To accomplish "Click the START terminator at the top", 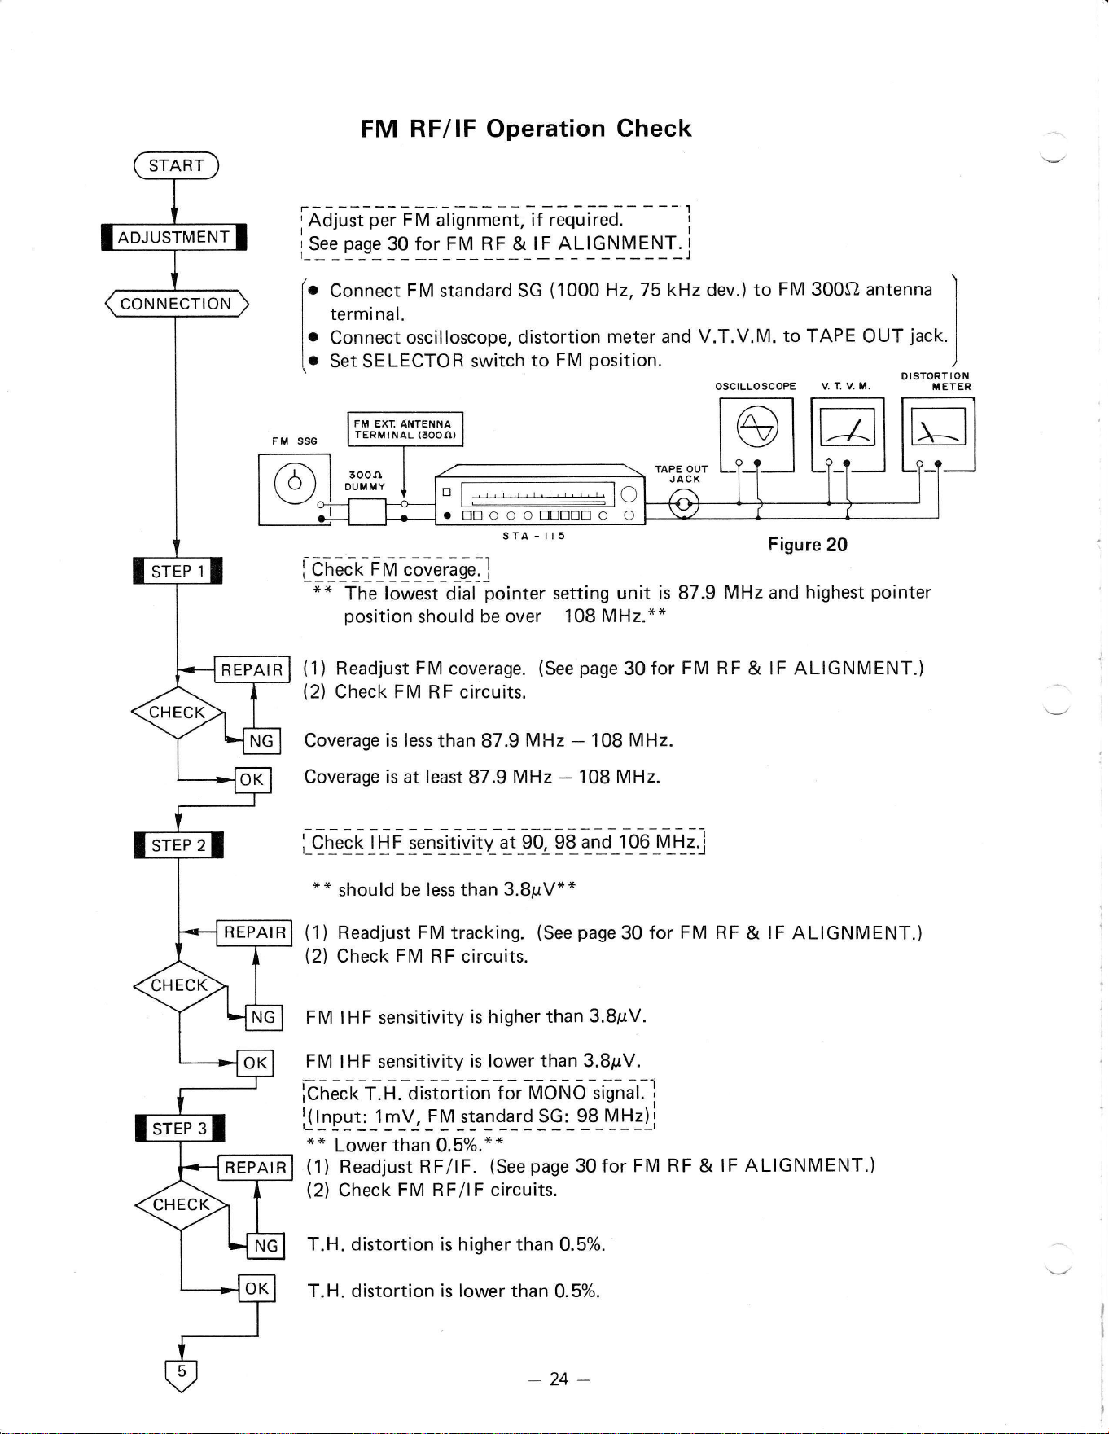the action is point(176,165).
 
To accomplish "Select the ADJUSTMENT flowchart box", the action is point(173,237).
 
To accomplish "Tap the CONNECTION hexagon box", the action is point(176,304).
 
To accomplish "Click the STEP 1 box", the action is point(178,571).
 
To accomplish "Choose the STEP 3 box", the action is point(180,1128).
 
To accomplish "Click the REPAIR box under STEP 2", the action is point(255,932).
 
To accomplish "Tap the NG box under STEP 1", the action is point(261,741).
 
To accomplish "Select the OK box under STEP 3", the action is point(256,1288).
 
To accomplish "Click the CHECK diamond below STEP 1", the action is point(178,713).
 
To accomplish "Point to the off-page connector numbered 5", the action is point(182,1375).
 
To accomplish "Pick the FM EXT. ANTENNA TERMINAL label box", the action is point(405,429).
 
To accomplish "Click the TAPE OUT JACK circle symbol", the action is point(683,506).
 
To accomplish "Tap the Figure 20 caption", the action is point(808,545).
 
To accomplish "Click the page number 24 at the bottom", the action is point(559,1379).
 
